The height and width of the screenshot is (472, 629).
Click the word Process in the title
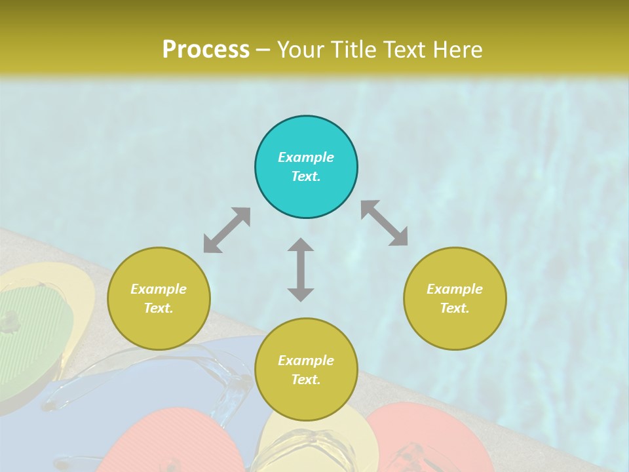[206, 50]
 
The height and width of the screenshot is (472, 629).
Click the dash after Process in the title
[263, 50]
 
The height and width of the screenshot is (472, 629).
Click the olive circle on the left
[159, 298]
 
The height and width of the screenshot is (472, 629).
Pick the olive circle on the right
[455, 298]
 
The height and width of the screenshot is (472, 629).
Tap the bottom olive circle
[306, 370]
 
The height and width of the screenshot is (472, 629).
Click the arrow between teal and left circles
[227, 230]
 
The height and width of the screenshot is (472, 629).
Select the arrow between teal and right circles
[385, 223]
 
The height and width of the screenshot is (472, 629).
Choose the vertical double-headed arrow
[301, 269]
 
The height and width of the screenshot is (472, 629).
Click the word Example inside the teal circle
[306, 157]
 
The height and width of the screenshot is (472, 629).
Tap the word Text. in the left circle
[159, 308]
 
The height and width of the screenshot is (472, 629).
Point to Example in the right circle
[455, 289]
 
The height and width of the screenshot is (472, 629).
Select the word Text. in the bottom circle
[306, 380]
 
